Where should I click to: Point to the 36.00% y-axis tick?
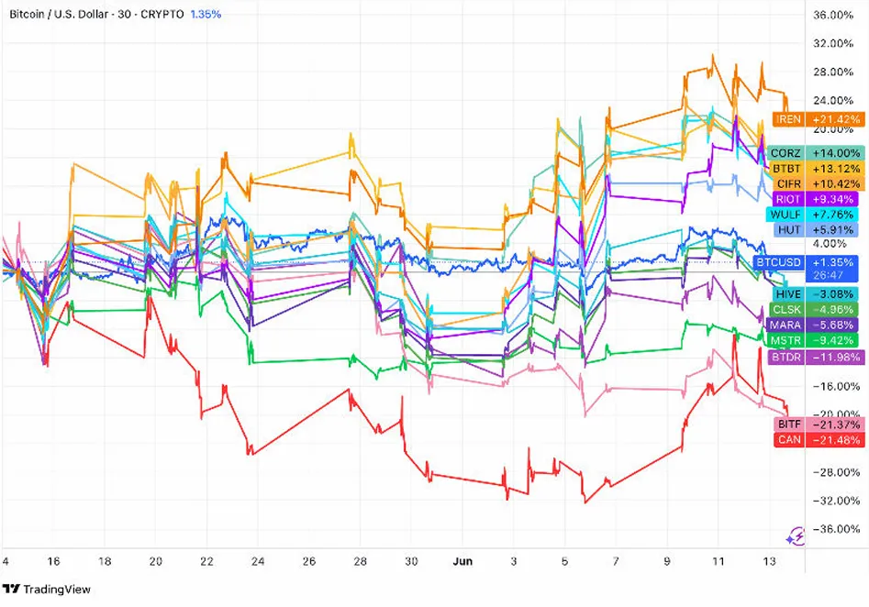[x=834, y=15]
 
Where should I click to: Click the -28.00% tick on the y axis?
[x=834, y=472]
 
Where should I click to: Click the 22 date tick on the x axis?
[x=206, y=561]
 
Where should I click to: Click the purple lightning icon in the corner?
[x=796, y=535]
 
